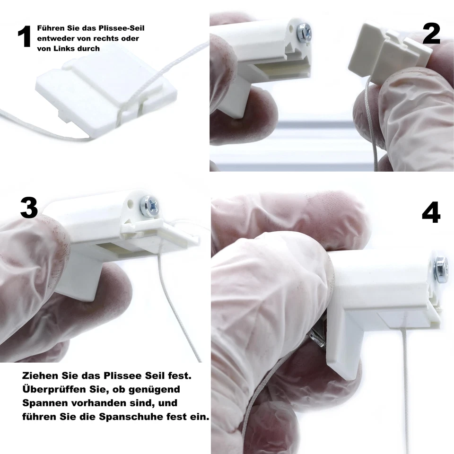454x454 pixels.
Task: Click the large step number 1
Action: tap(24, 36)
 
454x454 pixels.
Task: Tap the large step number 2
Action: tap(431, 34)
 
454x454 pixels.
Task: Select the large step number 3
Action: tap(29, 208)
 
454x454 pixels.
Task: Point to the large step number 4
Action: tap(431, 213)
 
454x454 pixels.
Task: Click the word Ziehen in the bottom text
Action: tap(39, 376)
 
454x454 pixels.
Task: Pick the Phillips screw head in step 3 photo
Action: tap(150, 206)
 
